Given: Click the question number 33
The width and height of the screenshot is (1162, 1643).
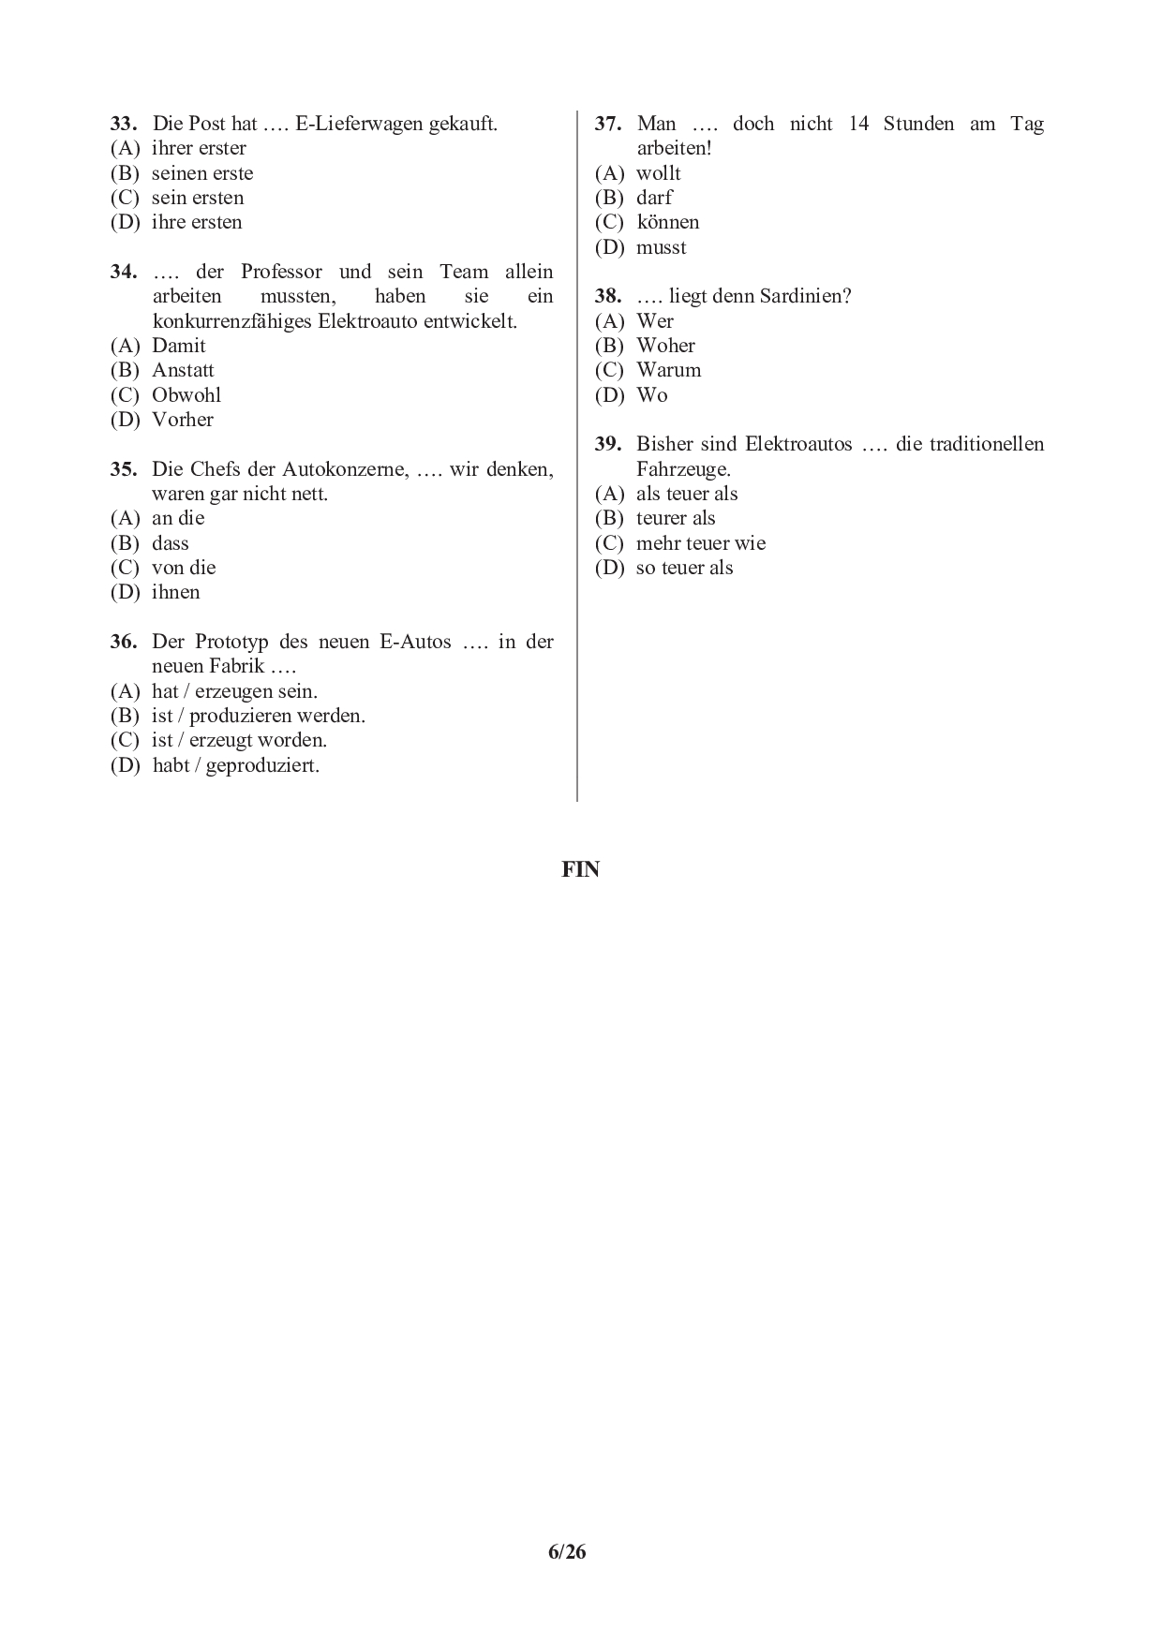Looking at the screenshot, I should [x=124, y=124].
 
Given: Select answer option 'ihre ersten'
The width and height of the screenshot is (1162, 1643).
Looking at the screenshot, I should [x=197, y=222].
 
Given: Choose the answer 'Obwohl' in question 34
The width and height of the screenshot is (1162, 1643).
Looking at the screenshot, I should [x=186, y=395].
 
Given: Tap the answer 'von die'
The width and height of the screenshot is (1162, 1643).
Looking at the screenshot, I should [x=184, y=568].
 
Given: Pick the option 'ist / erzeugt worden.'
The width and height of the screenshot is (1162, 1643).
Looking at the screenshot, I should [x=239, y=740].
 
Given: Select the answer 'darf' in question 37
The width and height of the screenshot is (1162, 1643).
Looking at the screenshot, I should [x=654, y=198].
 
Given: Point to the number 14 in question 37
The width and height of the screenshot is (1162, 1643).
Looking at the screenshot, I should [x=858, y=124].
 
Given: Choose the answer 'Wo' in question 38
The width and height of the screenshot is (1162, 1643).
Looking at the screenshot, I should [x=651, y=395].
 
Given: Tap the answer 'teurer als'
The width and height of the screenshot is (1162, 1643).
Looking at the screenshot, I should [x=676, y=518].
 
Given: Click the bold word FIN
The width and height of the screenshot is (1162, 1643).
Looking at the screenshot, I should [x=580, y=869].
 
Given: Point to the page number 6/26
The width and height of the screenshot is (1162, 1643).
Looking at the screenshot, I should [x=567, y=1552].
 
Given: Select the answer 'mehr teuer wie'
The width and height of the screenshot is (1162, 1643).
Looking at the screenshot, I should [x=700, y=543].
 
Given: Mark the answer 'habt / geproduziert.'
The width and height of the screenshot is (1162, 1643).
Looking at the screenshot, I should [x=235, y=765].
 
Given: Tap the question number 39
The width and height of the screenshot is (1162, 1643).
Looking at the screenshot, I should [x=608, y=444].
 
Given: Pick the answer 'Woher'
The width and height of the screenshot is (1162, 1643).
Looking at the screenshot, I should [x=665, y=346].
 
